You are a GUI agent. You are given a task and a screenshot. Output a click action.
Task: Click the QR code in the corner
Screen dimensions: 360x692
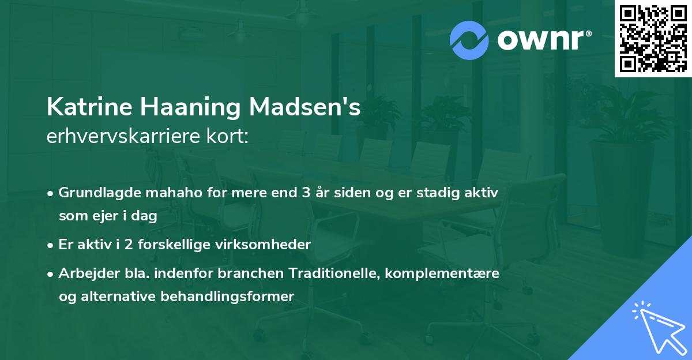click(652, 38)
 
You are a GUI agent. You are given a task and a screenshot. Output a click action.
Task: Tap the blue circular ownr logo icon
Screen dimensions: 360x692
click(469, 40)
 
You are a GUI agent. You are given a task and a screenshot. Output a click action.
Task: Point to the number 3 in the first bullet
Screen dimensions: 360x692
click(305, 192)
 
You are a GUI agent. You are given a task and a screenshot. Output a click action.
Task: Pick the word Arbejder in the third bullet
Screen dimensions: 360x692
click(83, 273)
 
